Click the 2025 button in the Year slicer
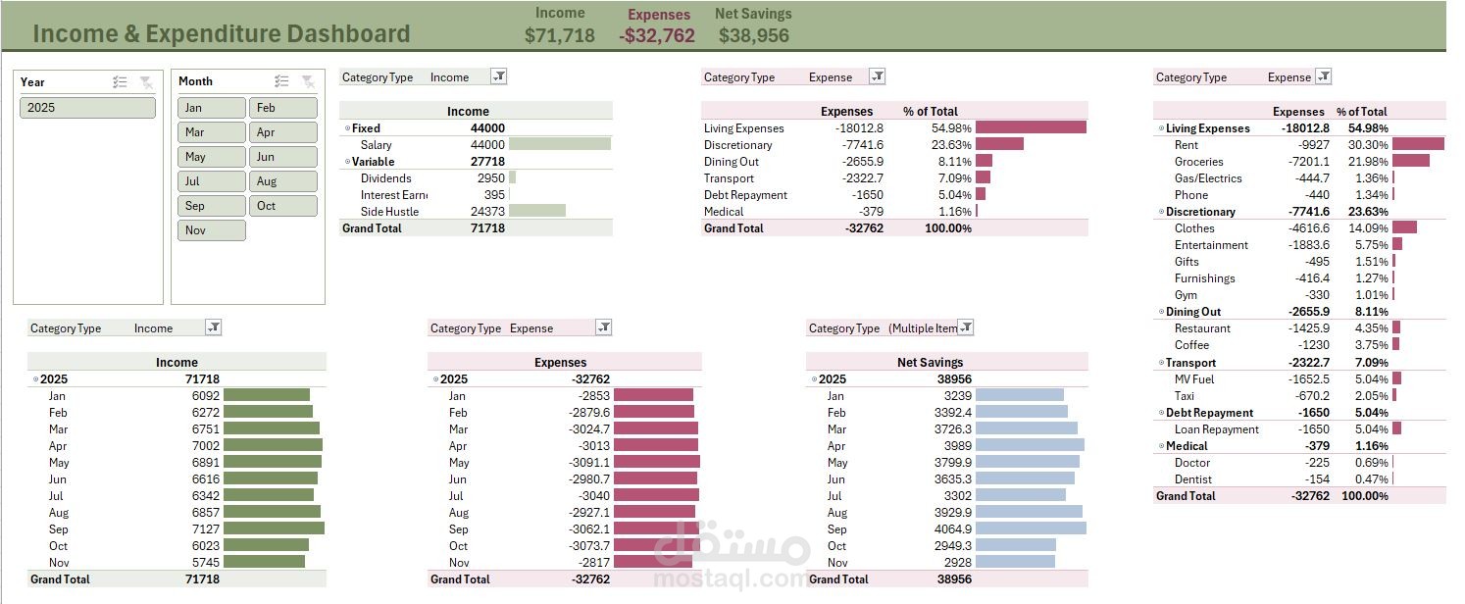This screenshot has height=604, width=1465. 87,108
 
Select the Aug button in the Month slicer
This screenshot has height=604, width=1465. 282,181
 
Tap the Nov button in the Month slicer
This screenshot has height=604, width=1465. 211,230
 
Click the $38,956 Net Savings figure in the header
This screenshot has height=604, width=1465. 753,35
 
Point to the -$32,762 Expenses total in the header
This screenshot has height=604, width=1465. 656,35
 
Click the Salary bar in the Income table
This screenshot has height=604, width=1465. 559,144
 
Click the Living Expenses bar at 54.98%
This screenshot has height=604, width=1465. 1031,127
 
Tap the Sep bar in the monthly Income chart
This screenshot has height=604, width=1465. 274,528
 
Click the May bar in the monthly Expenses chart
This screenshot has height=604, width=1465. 656,462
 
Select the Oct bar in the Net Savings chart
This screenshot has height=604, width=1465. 1016,545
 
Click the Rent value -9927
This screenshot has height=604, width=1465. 1312,145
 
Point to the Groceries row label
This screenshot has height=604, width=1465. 1198,162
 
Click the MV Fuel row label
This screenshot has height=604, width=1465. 1193,379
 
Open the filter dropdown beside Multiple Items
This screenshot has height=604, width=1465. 966,327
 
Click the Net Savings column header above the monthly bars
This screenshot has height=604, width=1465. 930,363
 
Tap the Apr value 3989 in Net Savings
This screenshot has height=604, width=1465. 957,446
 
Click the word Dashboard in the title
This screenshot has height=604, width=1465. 349,34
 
